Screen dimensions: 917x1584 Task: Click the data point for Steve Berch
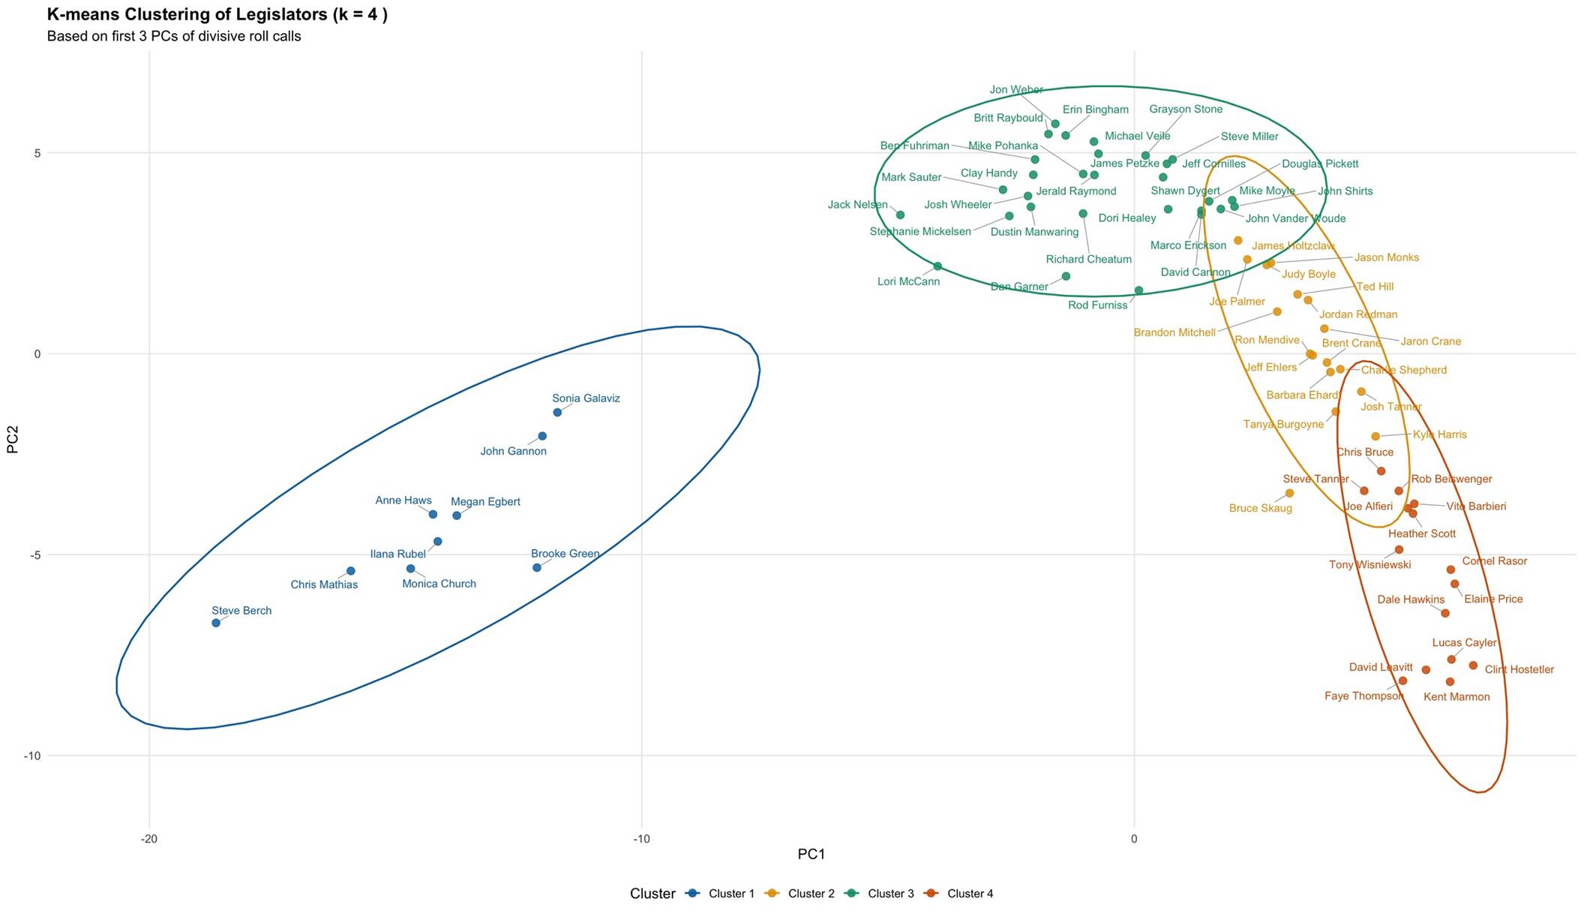point(216,623)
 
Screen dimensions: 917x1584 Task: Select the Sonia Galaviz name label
point(586,398)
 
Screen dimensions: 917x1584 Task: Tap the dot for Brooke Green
point(537,567)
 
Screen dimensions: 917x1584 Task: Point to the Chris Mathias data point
point(350,571)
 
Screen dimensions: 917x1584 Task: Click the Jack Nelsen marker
point(900,215)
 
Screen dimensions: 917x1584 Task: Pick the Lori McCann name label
point(908,282)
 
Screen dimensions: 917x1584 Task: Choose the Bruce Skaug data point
point(1290,493)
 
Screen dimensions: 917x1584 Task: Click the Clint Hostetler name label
point(1519,669)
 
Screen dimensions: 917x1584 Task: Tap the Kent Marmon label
point(1456,697)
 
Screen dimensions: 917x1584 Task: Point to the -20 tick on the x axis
point(149,838)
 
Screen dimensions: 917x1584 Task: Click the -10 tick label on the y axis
point(31,756)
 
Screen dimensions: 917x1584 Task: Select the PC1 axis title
point(811,854)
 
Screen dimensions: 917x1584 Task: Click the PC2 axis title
point(13,440)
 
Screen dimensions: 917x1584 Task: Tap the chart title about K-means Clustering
point(217,14)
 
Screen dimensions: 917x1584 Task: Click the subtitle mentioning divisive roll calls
point(174,36)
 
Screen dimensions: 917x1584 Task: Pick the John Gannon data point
point(542,436)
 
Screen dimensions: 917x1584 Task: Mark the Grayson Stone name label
point(1186,110)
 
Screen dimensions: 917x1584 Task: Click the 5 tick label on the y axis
point(37,153)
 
